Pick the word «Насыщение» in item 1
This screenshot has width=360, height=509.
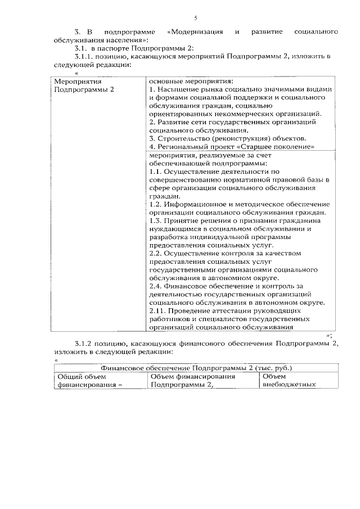[179, 89]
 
